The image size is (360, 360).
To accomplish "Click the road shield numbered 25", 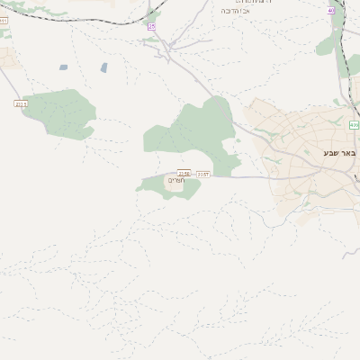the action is [x=151, y=27].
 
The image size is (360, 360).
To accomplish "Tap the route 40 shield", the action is [x=331, y=11].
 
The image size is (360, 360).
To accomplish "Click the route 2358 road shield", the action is [x=184, y=173].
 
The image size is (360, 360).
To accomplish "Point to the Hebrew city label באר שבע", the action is [x=340, y=153].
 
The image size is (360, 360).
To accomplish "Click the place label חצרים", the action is [x=175, y=181].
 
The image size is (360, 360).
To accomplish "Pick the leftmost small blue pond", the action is [x=64, y=67].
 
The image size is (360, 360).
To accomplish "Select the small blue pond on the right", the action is [x=104, y=67].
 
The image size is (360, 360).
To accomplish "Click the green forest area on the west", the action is [x=61, y=112].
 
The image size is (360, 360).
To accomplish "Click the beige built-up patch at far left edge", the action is [x=7, y=58].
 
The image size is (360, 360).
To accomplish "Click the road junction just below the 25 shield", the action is [x=165, y=45].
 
